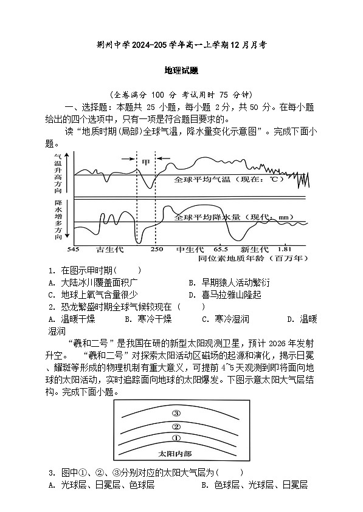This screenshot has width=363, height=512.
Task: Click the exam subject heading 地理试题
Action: click(181, 70)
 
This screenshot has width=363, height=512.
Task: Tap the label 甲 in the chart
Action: click(146, 162)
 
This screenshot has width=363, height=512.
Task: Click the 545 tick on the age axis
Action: click(74, 249)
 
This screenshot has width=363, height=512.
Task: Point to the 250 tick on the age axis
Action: click(156, 249)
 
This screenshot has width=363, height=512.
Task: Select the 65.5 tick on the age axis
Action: click(220, 249)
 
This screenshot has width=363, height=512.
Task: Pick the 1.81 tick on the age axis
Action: click(284, 249)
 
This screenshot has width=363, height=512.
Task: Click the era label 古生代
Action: click(110, 249)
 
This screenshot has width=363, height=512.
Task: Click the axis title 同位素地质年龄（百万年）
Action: click(253, 258)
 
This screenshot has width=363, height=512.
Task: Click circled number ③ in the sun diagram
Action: click(176, 413)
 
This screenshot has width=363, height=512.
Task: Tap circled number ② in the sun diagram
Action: click(176, 426)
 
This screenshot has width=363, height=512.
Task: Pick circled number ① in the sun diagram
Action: click(176, 438)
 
